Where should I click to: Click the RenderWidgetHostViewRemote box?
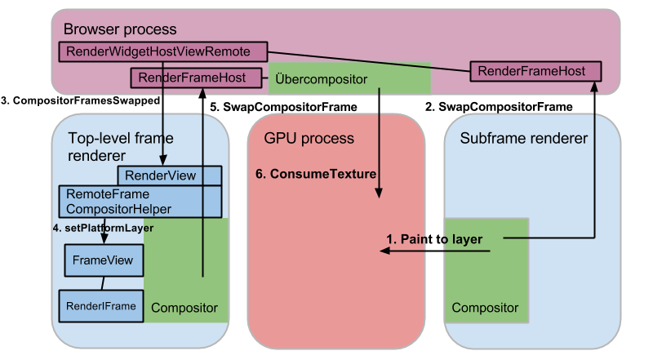click(163, 51)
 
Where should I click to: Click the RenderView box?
click(170, 175)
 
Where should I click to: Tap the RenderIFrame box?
click(98, 306)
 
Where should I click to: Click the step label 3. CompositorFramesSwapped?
click(80, 100)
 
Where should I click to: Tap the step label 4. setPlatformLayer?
click(103, 228)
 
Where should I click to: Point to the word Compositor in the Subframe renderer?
click(485, 308)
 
